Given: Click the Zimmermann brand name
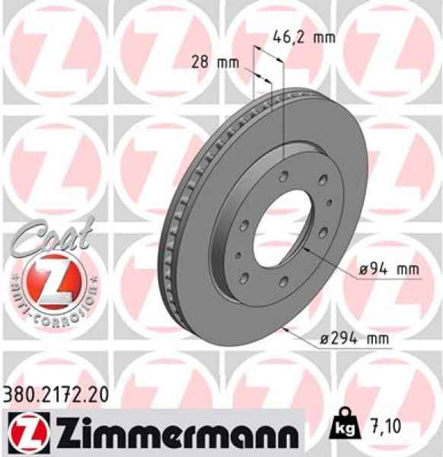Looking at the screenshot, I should pyautogui.click(x=170, y=433).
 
